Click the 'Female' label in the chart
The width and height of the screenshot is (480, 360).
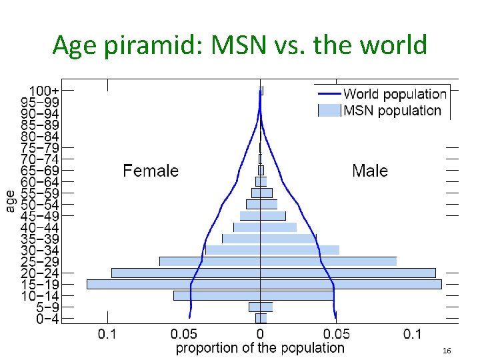pyautogui.click(x=151, y=171)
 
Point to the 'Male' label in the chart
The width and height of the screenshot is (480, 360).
pyautogui.click(x=370, y=171)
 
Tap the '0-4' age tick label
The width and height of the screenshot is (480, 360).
pyautogui.click(x=47, y=319)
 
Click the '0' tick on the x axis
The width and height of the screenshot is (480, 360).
pyautogui.click(x=260, y=333)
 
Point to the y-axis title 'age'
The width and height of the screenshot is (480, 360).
pyautogui.click(x=11, y=200)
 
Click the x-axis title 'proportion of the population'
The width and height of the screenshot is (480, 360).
pyautogui.click(x=260, y=348)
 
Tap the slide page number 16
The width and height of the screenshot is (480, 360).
pyautogui.click(x=447, y=351)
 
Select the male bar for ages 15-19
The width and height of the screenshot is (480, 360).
pyautogui.click(x=351, y=284)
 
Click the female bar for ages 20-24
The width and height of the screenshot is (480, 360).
pyautogui.click(x=185, y=273)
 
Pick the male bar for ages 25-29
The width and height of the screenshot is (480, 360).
pyautogui.click(x=328, y=261)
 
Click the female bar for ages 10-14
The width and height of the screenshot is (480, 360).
pyautogui.click(x=217, y=295)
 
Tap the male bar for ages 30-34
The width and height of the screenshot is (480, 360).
pyautogui.click(x=299, y=250)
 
